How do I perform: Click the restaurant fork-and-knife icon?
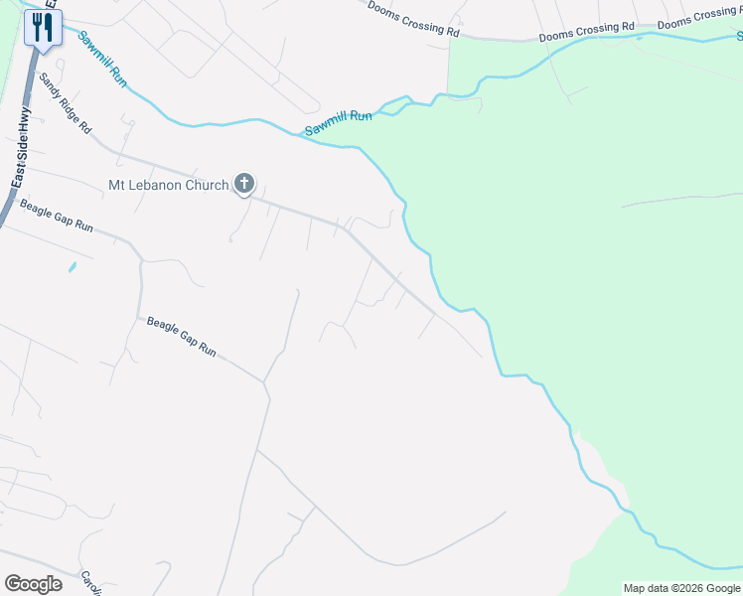coord(43,27)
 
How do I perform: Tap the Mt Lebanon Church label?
coord(168,185)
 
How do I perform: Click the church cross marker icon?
coord(243,184)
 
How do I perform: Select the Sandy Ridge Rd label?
coord(65,103)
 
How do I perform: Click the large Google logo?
coord(33,584)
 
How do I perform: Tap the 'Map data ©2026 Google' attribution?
coord(681,588)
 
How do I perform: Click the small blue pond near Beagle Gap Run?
coord(72,267)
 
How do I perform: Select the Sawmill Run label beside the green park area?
coord(338,123)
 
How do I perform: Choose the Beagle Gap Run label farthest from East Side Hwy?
coord(182,337)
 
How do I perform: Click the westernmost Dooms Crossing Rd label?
coord(413,19)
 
